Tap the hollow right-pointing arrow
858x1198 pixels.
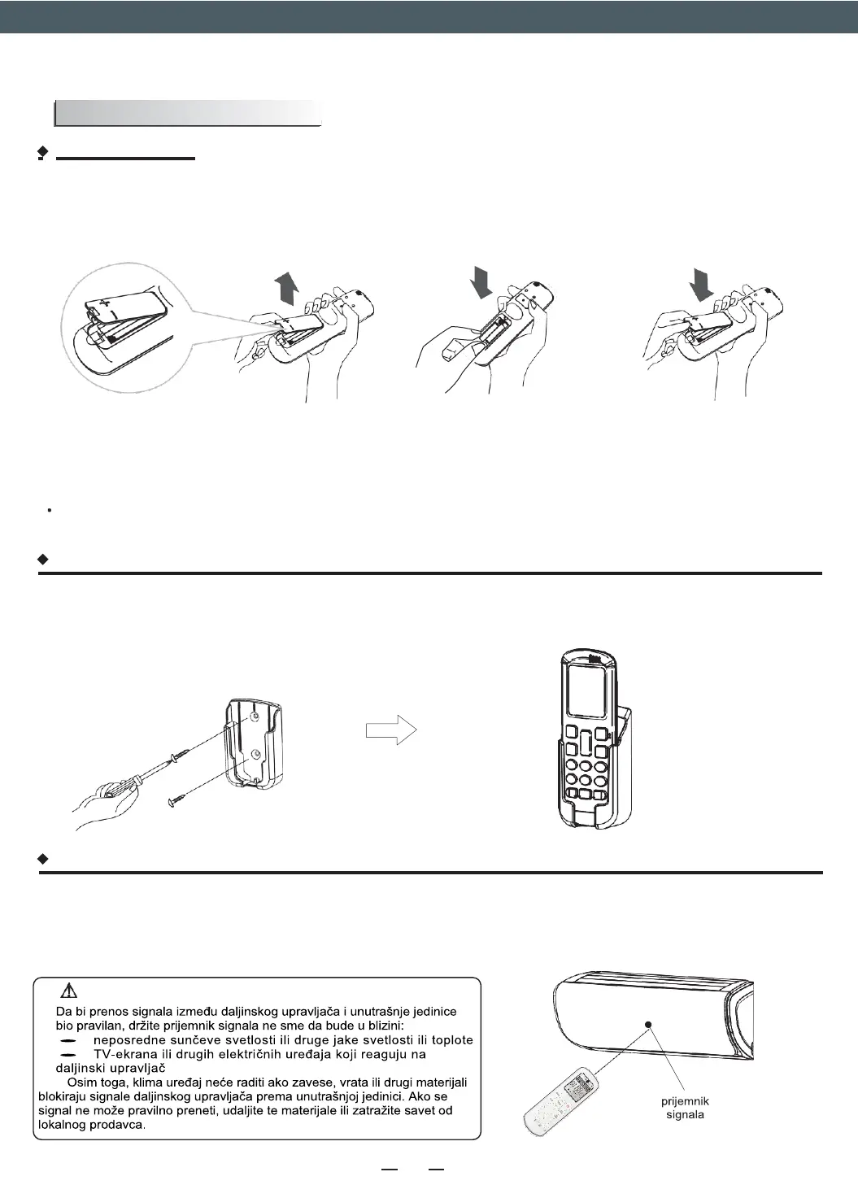(391, 730)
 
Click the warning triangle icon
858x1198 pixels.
(69, 990)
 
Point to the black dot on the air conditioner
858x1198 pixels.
(648, 1024)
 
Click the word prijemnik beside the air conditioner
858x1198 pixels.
(685, 1101)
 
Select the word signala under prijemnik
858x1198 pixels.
(685, 1114)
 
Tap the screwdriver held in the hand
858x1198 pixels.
(155, 771)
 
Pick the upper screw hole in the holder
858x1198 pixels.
(257, 716)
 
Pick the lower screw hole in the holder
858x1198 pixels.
(257, 754)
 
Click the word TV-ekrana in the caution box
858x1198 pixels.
(127, 1054)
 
